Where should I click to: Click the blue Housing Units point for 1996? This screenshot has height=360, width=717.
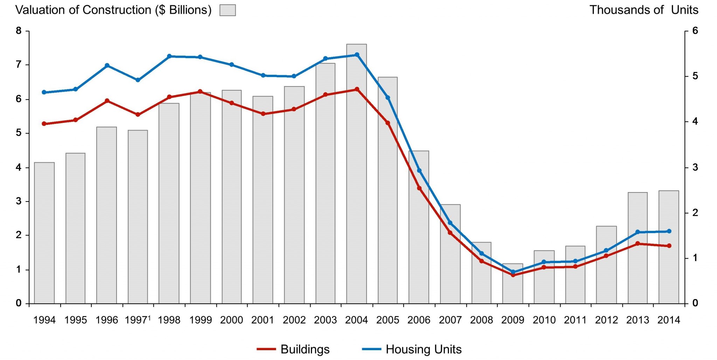coord(107,65)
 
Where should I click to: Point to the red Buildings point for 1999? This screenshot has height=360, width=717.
coord(200,92)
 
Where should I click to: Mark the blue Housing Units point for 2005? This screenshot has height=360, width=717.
coord(388,98)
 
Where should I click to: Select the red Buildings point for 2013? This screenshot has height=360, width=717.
coord(638,243)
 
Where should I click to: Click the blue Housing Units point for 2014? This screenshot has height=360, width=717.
coord(669,231)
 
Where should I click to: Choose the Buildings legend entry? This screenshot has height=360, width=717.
coord(294,349)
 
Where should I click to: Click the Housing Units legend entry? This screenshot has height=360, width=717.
coord(412,349)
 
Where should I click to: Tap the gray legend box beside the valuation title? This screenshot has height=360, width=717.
coord(228,10)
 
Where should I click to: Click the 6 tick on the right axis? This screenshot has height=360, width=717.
coord(695,31)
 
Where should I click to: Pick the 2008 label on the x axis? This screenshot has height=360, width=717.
coord(481,320)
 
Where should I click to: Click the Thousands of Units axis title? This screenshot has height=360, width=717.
coord(643,10)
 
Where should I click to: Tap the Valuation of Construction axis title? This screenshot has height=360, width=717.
coord(113,10)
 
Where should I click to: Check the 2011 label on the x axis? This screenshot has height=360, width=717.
coord(575,320)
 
